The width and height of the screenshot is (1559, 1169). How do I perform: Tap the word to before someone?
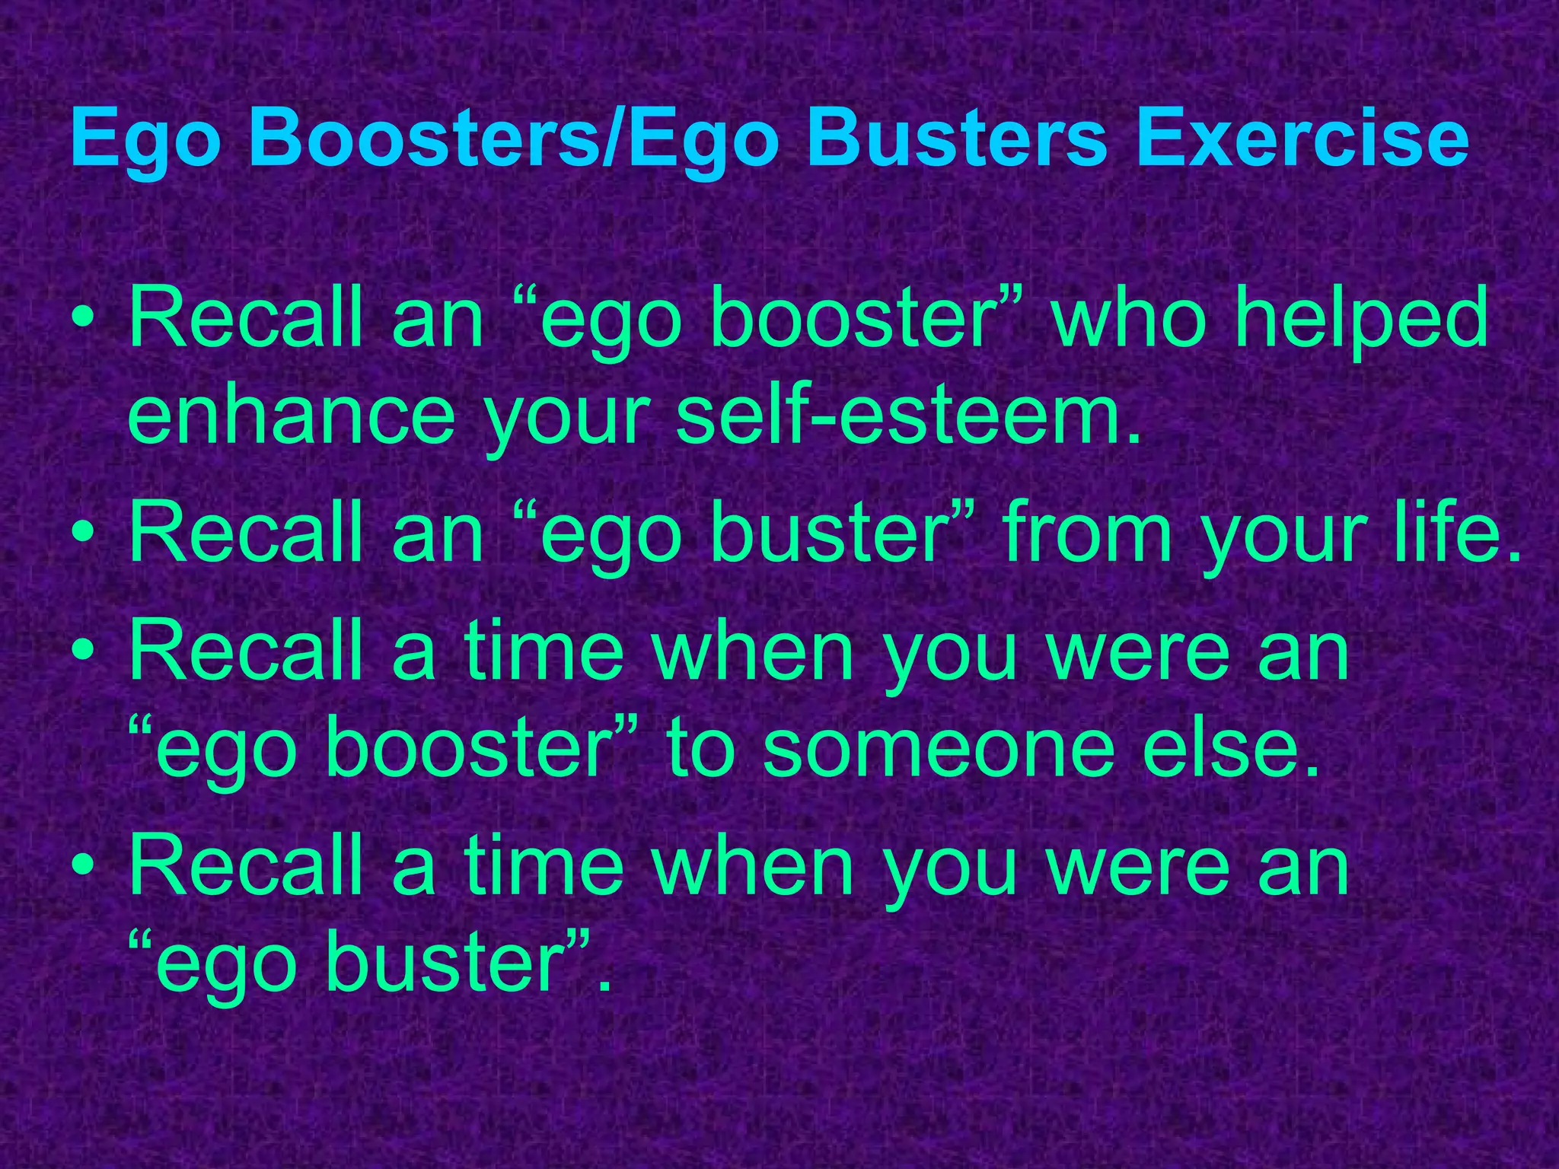700,750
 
